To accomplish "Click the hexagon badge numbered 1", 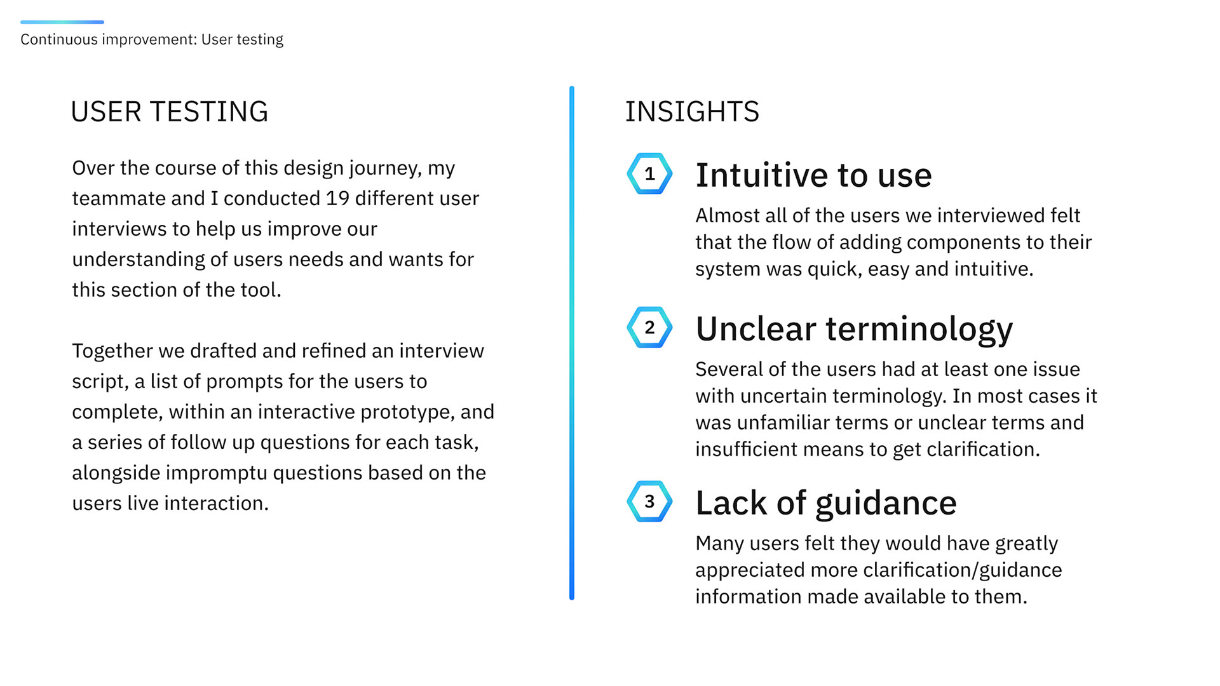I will [649, 173].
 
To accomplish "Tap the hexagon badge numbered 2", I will [649, 327].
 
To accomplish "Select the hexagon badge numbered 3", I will [649, 501].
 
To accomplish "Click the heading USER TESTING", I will [169, 112].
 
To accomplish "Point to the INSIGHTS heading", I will [692, 112].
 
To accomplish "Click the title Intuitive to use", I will [813, 175].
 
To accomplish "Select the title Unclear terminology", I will [854, 329].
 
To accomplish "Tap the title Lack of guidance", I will [826, 503].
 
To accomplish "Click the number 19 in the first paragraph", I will [337, 198].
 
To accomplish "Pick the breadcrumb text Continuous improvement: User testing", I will [152, 39].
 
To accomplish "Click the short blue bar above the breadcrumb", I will [62, 22].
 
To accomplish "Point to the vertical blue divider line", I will [572, 343].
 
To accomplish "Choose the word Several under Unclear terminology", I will [730, 369].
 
